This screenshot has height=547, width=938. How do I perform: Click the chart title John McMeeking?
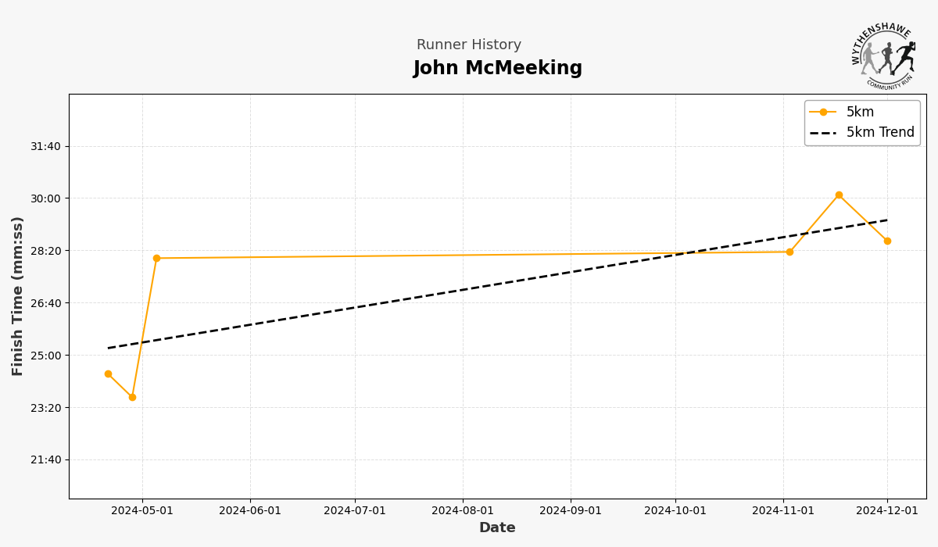(498, 69)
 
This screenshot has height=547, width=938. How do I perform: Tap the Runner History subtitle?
(469, 45)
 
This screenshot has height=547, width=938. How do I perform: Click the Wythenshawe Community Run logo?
(884, 56)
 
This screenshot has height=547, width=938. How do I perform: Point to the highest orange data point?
(839, 195)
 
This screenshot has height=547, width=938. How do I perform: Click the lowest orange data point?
(132, 397)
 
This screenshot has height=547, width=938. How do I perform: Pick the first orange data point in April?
(108, 374)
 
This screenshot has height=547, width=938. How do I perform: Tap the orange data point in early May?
(156, 258)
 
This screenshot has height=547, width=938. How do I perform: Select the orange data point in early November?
(789, 252)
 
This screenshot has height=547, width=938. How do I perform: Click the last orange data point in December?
(887, 241)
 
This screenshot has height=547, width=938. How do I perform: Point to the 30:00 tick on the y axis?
(45, 198)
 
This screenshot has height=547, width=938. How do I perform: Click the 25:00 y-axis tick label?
(45, 356)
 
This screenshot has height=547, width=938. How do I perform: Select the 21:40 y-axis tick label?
(45, 459)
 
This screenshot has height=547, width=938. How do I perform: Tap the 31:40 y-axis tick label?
(45, 146)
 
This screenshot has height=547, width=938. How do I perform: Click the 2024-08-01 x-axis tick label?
(463, 510)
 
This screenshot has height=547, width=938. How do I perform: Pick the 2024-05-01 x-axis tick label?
(142, 510)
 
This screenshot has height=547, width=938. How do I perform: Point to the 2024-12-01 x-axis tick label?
(887, 510)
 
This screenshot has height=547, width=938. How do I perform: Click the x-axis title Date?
(497, 528)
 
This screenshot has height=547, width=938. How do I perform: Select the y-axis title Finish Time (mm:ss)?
(18, 296)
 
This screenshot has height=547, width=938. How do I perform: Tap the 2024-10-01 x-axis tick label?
(675, 510)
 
